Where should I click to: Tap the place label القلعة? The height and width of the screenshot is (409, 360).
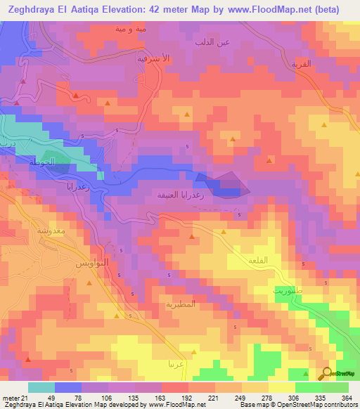tap(259, 260)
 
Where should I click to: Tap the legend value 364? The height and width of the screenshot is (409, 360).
tap(346, 397)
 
